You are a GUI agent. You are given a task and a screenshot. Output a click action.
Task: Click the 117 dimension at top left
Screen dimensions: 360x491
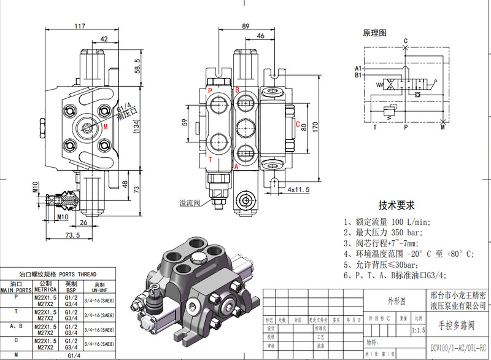[80, 26]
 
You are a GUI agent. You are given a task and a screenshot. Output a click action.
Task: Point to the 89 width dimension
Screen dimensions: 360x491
[245, 26]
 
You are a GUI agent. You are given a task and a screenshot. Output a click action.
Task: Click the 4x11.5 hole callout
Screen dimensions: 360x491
[299, 190]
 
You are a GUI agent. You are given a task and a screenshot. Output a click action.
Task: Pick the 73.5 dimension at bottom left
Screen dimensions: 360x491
[73, 235]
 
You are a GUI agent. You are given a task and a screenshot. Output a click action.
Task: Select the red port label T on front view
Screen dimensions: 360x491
[210, 160]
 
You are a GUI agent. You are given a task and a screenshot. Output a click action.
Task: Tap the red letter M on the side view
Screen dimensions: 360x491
[106, 127]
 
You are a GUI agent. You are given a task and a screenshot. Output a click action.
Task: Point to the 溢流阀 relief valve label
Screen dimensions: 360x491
[190, 202]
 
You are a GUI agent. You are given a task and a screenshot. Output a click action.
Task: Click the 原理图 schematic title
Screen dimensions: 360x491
[374, 33]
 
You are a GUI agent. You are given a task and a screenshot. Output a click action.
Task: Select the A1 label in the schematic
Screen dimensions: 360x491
[358, 68]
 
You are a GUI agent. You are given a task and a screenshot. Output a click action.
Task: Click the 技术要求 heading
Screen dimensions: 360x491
[396, 205]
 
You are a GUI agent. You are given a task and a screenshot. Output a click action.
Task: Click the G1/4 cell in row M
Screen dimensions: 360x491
[73, 354]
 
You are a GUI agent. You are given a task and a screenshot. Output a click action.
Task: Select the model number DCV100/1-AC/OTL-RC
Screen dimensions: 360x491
[458, 346]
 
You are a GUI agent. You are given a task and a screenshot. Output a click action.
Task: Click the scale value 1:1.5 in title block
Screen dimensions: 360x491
[419, 331]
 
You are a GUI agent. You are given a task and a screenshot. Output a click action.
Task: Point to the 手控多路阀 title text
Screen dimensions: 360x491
[457, 323]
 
